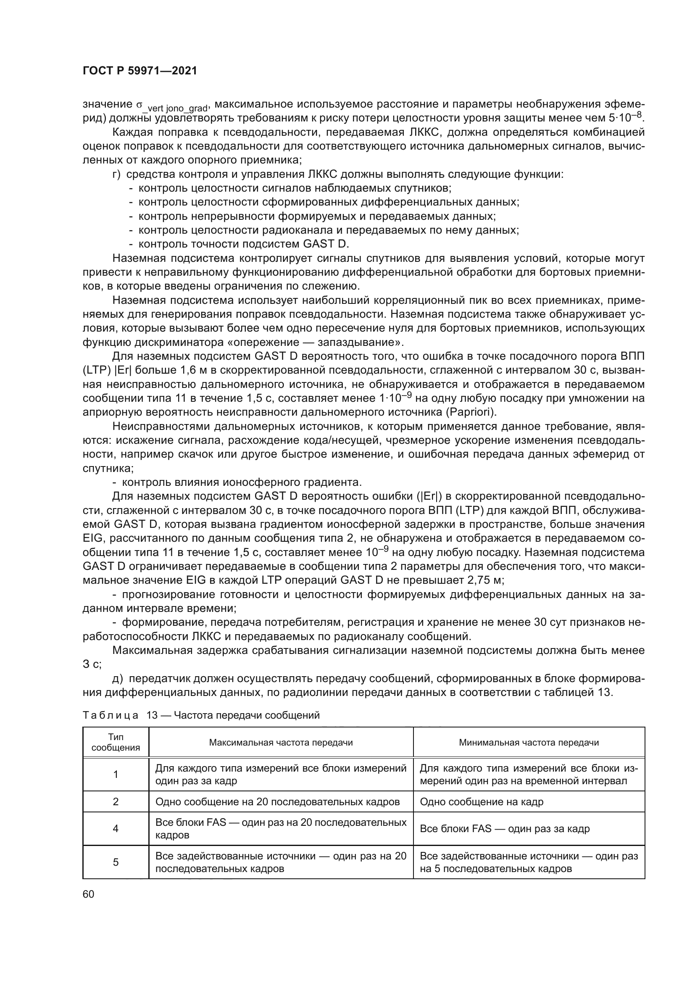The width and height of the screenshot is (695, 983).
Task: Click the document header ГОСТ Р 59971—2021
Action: coord(140,71)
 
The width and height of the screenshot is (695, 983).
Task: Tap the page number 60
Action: coord(89,894)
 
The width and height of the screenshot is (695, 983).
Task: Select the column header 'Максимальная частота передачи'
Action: coord(281,742)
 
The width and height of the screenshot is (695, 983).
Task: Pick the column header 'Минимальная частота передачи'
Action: coord(529,742)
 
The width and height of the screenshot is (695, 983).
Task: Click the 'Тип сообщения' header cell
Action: coord(116,742)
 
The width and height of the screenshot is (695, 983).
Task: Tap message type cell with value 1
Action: coord(116,774)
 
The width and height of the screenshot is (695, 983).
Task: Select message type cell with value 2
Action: coord(116,801)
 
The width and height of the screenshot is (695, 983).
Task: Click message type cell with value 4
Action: coord(116,828)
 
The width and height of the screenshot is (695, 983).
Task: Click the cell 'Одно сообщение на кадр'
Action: coord(482,801)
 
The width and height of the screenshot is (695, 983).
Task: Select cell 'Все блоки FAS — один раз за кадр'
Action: coord(505,828)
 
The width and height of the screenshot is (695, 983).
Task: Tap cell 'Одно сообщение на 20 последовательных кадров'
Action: coord(277,801)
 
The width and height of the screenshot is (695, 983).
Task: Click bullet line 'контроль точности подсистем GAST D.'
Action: coord(244,244)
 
